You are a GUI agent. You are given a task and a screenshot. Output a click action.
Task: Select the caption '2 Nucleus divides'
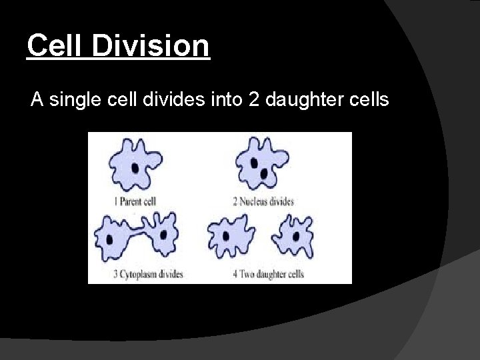point(263,201)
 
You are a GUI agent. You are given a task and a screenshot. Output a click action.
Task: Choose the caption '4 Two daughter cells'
point(269,274)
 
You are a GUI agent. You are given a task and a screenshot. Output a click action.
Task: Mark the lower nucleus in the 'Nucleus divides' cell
point(264,174)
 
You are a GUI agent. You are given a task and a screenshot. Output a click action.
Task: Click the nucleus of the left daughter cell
point(225,237)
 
